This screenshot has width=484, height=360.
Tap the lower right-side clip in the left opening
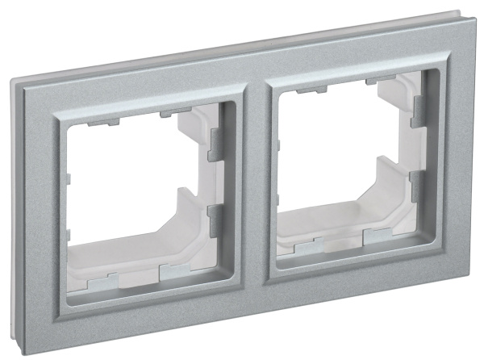(213, 219)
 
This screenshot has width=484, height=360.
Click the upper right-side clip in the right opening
(417, 113)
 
